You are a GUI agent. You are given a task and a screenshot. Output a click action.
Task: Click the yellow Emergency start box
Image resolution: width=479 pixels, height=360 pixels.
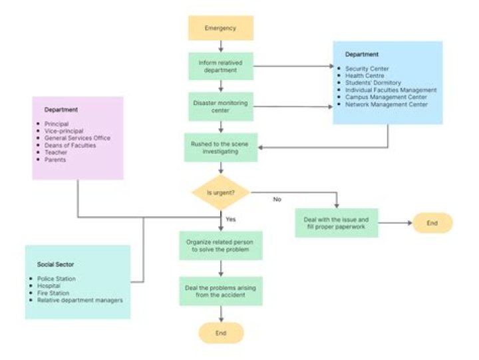click(220, 29)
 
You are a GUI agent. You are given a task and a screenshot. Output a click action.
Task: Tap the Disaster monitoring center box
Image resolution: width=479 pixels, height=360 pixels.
click(220, 106)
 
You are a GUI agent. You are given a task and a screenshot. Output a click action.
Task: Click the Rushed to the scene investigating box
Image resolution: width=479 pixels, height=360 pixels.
click(220, 148)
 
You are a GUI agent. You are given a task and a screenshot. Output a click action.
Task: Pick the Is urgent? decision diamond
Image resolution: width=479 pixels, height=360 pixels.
click(220, 193)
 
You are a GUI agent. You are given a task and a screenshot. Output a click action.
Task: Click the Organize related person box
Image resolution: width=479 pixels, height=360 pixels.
click(220, 246)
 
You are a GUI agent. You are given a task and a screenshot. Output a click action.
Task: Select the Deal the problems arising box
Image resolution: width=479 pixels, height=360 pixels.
click(220, 291)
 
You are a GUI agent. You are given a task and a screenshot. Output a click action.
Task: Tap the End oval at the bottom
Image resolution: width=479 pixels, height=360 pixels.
click(220, 333)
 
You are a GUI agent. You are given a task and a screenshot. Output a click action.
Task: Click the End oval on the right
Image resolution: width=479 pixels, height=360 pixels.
click(432, 223)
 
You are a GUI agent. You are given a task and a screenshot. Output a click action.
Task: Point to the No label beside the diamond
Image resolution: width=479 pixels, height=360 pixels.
click(277, 198)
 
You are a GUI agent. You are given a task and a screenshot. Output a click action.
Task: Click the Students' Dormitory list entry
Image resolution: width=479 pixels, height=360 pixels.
click(373, 83)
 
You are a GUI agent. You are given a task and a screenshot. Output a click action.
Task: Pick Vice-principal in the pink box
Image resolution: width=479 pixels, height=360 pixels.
click(65, 131)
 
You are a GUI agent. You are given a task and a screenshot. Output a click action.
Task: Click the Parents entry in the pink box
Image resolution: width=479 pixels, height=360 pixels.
click(57, 160)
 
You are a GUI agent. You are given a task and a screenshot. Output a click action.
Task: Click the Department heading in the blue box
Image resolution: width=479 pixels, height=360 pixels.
click(361, 54)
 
